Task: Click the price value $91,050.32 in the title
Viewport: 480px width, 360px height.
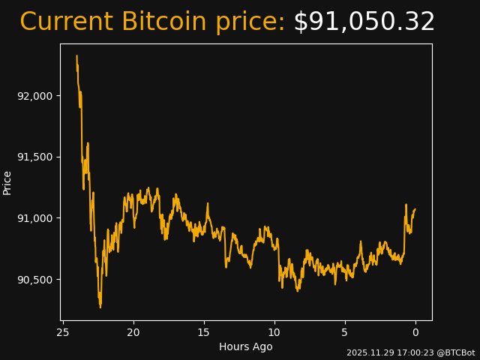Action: point(364,22)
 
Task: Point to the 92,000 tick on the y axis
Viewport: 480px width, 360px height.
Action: point(34,96)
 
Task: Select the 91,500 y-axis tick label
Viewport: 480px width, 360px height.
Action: point(34,157)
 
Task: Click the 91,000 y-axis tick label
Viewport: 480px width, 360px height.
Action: point(34,218)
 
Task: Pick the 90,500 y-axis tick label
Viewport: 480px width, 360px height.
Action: point(34,280)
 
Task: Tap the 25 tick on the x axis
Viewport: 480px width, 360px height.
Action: point(63,332)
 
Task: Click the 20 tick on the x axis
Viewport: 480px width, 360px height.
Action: point(133,332)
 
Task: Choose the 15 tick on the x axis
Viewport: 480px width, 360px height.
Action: point(204,332)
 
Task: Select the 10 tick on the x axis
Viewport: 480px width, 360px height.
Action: point(274,332)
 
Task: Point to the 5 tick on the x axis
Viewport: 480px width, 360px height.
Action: point(345,332)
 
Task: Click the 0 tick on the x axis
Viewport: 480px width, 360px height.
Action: point(415,332)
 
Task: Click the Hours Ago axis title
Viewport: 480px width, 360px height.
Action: point(246,346)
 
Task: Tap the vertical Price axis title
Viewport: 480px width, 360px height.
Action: point(7,182)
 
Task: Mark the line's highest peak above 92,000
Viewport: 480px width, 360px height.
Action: point(76,55)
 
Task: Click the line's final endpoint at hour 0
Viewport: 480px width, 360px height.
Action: point(415,209)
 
